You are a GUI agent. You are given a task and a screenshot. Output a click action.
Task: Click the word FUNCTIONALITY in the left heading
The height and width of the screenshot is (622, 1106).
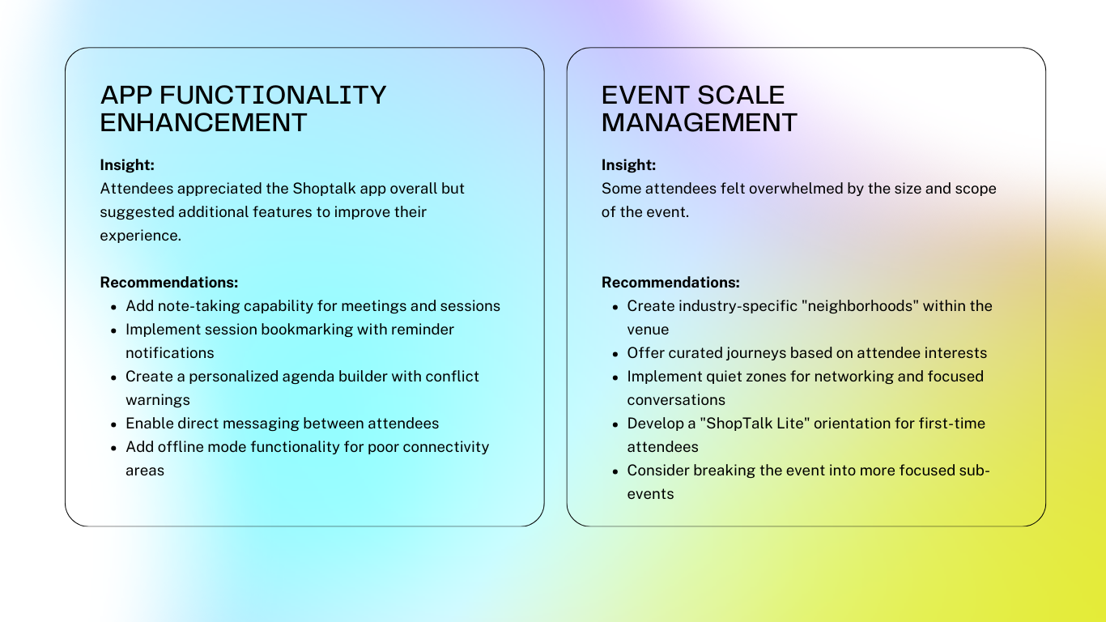[x=273, y=95]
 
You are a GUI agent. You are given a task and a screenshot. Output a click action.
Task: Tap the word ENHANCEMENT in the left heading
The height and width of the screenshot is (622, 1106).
[x=203, y=122]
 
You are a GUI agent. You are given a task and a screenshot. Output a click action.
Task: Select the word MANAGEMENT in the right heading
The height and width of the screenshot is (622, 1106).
[x=700, y=122]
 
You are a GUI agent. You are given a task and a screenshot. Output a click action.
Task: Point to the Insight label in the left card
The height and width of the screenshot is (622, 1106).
[x=127, y=165]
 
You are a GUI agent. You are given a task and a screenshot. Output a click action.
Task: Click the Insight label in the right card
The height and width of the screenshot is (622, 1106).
[x=628, y=165]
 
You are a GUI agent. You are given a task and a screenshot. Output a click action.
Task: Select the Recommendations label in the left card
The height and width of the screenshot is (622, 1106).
[x=169, y=283]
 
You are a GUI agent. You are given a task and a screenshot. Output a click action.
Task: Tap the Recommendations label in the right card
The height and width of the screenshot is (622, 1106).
[x=670, y=283]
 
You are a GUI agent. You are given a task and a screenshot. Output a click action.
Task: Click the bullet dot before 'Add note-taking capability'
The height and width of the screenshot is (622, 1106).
[x=113, y=307]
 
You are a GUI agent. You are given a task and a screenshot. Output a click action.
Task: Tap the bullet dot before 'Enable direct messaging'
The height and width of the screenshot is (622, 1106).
[x=113, y=425]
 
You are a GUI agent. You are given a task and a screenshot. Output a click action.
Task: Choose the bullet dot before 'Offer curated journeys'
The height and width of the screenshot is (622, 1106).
[x=615, y=354]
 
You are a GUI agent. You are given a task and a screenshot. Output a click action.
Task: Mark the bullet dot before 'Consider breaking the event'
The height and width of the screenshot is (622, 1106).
[x=615, y=472]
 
